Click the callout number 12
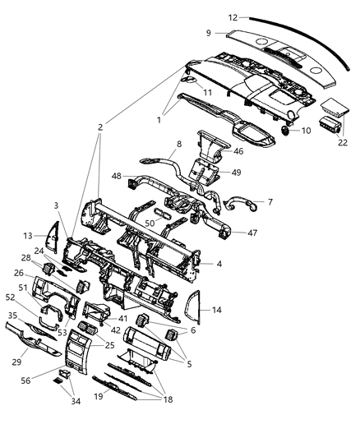(x=210, y=16)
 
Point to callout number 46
(x=239, y=151)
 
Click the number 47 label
(x=252, y=233)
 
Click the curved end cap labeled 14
(x=195, y=311)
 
